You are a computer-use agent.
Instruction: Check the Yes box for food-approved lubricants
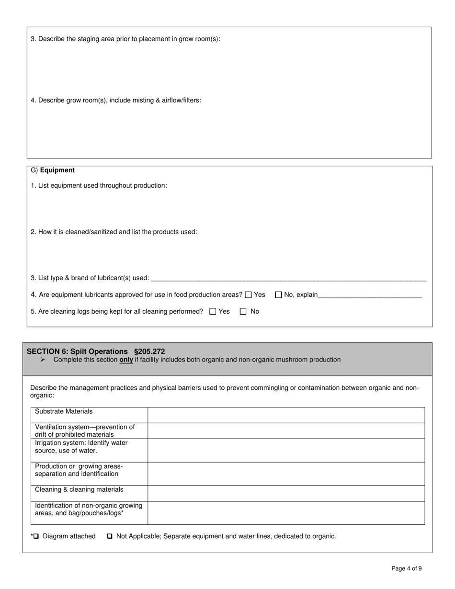click(248, 295)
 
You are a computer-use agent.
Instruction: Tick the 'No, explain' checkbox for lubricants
click(278, 295)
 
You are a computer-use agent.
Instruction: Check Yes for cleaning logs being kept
click(213, 312)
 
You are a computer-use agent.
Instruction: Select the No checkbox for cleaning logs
click(243, 312)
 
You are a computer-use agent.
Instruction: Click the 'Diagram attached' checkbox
click(36, 536)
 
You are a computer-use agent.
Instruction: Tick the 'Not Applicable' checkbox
click(110, 536)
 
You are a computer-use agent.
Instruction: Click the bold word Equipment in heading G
click(57, 170)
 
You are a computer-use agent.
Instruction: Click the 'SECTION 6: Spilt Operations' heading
click(77, 351)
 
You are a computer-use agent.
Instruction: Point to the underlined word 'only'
click(126, 360)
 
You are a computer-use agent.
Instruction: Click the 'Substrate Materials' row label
click(64, 412)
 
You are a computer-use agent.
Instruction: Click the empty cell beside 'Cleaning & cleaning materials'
click(286, 493)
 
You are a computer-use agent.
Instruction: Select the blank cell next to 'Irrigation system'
click(286, 450)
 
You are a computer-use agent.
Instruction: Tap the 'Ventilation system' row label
click(85, 430)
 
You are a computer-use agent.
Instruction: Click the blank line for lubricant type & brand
click(288, 278)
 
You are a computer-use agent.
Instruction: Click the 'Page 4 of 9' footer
click(406, 569)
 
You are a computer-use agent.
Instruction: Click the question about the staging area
click(125, 39)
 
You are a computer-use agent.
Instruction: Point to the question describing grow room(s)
click(116, 101)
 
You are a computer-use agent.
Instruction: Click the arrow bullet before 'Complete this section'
click(43, 360)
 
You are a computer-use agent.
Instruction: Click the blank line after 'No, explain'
click(370, 295)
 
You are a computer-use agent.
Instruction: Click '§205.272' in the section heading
click(149, 351)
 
